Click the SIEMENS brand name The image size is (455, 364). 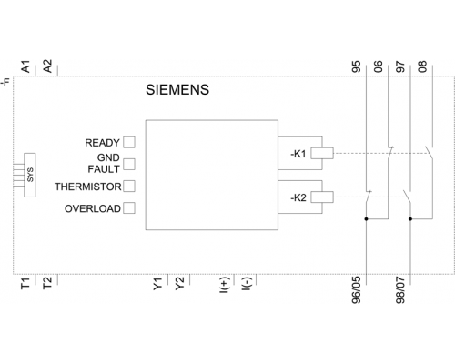(x=177, y=90)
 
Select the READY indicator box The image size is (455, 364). (x=129, y=142)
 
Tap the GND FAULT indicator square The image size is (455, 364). (x=129, y=164)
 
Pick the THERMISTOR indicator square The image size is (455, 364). (x=129, y=187)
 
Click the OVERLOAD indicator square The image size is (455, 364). (x=129, y=208)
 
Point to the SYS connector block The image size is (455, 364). (x=30, y=175)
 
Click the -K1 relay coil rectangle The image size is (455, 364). (x=322, y=153)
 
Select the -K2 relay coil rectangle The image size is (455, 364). (x=322, y=197)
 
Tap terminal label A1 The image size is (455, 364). (x=26, y=66)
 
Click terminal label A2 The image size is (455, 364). (x=48, y=66)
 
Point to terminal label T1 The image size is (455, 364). (x=25, y=283)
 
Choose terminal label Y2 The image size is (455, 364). (x=179, y=283)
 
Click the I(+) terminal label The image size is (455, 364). (x=224, y=285)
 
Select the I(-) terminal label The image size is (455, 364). (x=247, y=284)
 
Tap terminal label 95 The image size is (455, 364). (x=357, y=66)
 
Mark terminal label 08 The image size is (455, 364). (x=422, y=66)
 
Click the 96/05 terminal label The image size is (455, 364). (x=357, y=290)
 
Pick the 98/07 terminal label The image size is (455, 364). (x=400, y=290)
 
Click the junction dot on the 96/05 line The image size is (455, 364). (x=367, y=218)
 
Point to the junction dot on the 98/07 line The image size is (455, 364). (x=410, y=218)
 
